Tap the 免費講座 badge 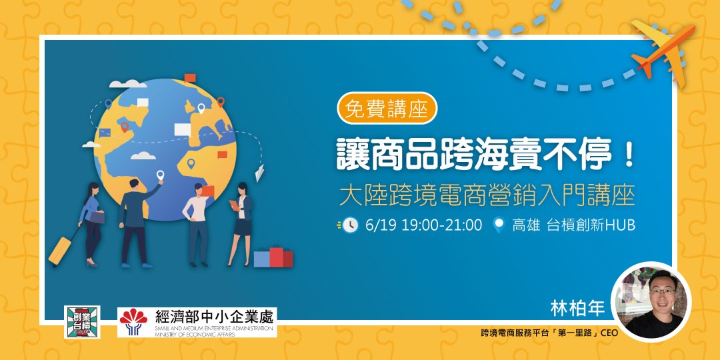coord(387,109)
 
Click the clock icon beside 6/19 coord(350,225)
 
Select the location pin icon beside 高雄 coord(498,225)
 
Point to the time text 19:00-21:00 coord(442,225)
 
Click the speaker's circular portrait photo coord(651,302)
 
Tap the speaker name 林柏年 coord(577,309)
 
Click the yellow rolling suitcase coord(61,249)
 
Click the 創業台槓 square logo coord(82,322)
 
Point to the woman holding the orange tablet coord(241,224)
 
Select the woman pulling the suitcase coord(91,223)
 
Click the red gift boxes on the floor coord(274,257)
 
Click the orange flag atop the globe coord(189,77)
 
